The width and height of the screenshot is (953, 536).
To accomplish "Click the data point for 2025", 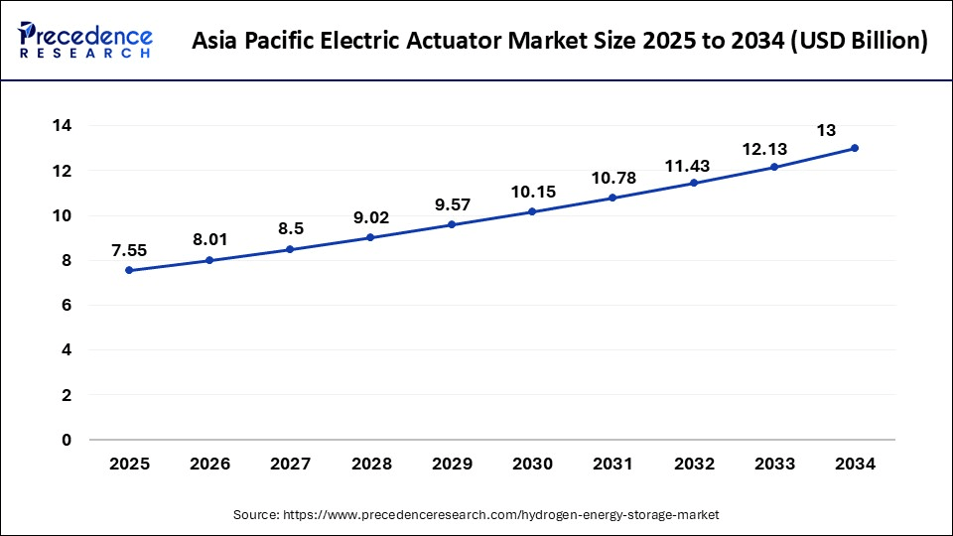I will [x=129, y=270].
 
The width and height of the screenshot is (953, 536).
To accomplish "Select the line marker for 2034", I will [x=854, y=148].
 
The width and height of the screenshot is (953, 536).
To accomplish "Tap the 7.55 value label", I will [x=129, y=250].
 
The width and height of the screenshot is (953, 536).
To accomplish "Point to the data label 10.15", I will [x=531, y=192].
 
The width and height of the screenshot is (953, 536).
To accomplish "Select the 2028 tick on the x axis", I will [x=370, y=464].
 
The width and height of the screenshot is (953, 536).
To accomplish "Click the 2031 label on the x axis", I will [x=612, y=464].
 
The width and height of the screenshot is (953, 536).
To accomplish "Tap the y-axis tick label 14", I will [x=62, y=126].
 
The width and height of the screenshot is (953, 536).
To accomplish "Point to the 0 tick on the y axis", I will [x=67, y=440].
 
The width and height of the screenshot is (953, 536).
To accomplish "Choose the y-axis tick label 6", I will [x=67, y=306].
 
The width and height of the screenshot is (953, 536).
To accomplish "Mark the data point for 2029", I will [x=451, y=224].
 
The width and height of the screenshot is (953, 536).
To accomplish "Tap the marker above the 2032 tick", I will [x=693, y=183].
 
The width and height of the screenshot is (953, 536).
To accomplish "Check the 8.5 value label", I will [x=290, y=229].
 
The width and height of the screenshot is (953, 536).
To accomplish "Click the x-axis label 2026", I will [x=209, y=464].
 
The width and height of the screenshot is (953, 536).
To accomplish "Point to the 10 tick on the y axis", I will [x=62, y=215].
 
